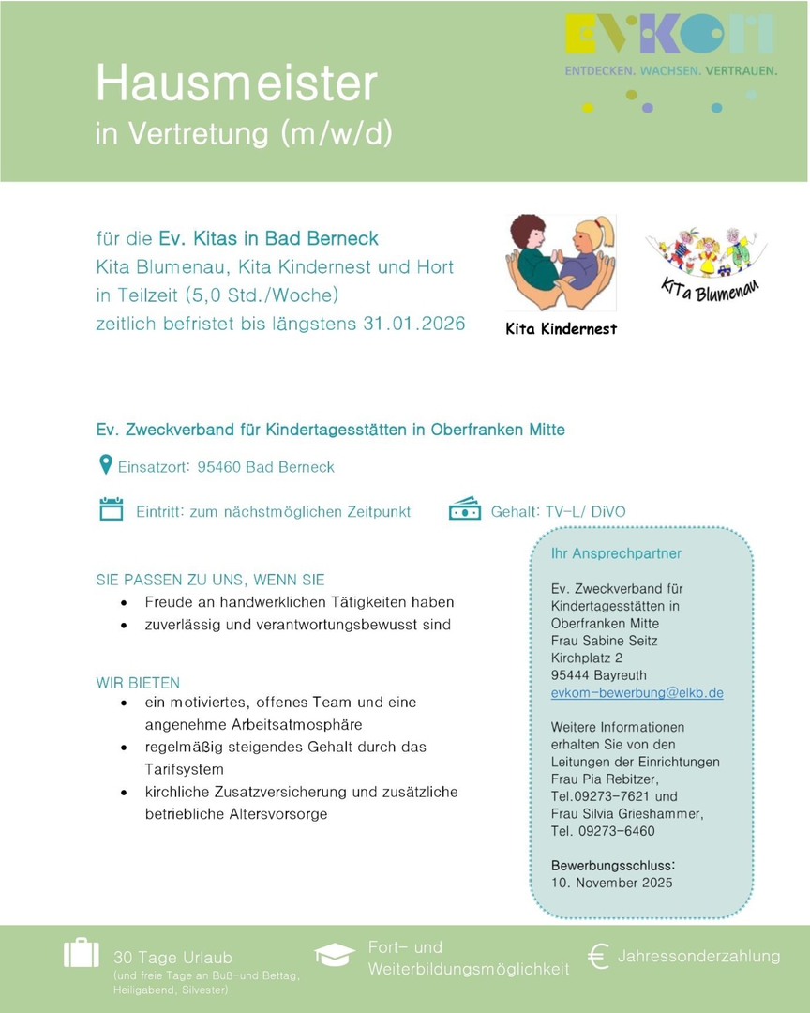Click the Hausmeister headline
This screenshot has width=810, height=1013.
(x=235, y=84)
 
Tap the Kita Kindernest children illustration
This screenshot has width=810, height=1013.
(x=561, y=265)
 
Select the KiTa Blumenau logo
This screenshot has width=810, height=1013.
(x=706, y=264)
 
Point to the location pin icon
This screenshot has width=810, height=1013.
(x=106, y=464)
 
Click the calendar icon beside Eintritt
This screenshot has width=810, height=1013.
(x=111, y=509)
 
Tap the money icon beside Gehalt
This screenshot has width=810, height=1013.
(x=464, y=509)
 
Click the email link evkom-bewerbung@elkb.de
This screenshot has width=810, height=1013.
(x=637, y=693)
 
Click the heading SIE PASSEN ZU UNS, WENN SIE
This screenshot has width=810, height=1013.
(x=211, y=580)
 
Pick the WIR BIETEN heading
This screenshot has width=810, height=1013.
(x=138, y=682)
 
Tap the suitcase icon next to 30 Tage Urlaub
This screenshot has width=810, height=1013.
(x=82, y=952)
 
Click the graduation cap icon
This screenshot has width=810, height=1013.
(x=335, y=954)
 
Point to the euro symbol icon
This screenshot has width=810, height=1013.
(x=597, y=956)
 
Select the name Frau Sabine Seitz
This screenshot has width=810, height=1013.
(x=604, y=641)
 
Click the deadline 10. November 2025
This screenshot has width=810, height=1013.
(x=611, y=883)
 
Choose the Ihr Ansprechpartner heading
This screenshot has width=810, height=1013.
(x=616, y=553)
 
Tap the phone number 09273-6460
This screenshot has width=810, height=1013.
(x=617, y=831)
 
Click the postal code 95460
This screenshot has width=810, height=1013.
(x=218, y=467)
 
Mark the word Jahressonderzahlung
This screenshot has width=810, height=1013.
(x=698, y=956)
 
